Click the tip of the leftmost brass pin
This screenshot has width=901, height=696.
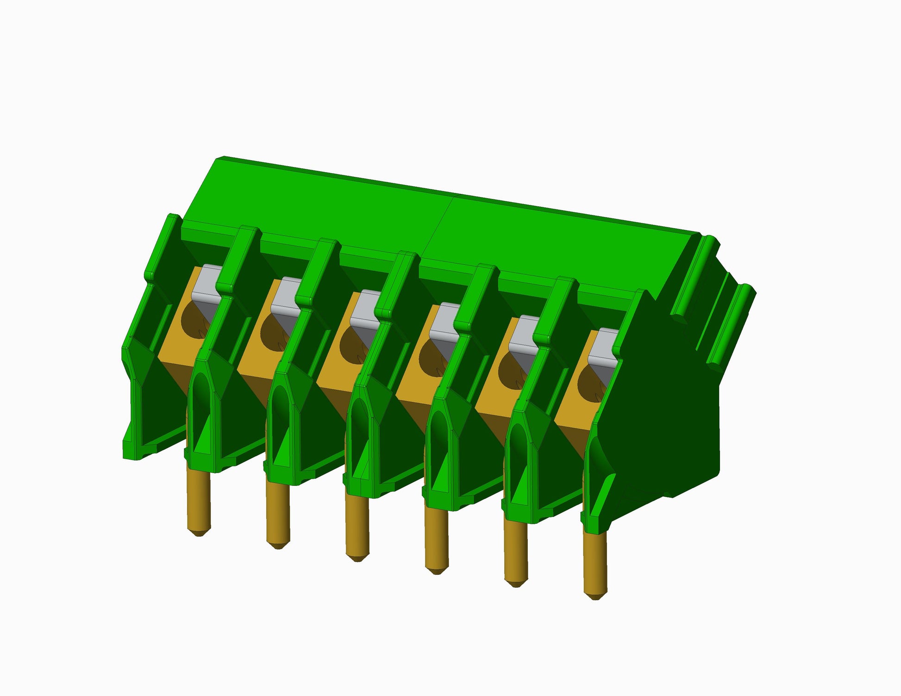point(199,532)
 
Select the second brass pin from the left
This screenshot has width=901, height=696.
point(278,514)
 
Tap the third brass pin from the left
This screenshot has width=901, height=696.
point(357,528)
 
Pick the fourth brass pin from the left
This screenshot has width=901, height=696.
point(437,539)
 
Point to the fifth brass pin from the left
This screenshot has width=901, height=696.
point(515,553)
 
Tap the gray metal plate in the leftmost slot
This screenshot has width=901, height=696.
point(206,282)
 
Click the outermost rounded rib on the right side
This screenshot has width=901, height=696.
point(736,324)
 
